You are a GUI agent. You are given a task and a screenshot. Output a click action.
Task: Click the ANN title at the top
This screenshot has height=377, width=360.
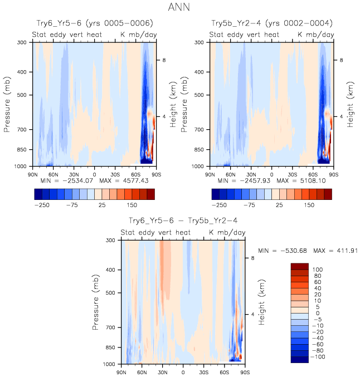pos(179,8)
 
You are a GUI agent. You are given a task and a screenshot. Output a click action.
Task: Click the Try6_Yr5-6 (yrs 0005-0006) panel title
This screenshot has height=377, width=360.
pos(94,23)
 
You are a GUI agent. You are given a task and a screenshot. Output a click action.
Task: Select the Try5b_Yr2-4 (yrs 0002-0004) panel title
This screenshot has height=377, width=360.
pos(272,23)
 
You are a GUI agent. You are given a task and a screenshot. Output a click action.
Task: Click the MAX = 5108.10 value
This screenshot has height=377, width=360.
pos(304,181)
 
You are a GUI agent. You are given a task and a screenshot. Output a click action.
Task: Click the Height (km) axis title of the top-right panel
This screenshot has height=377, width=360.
pos(350,104)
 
